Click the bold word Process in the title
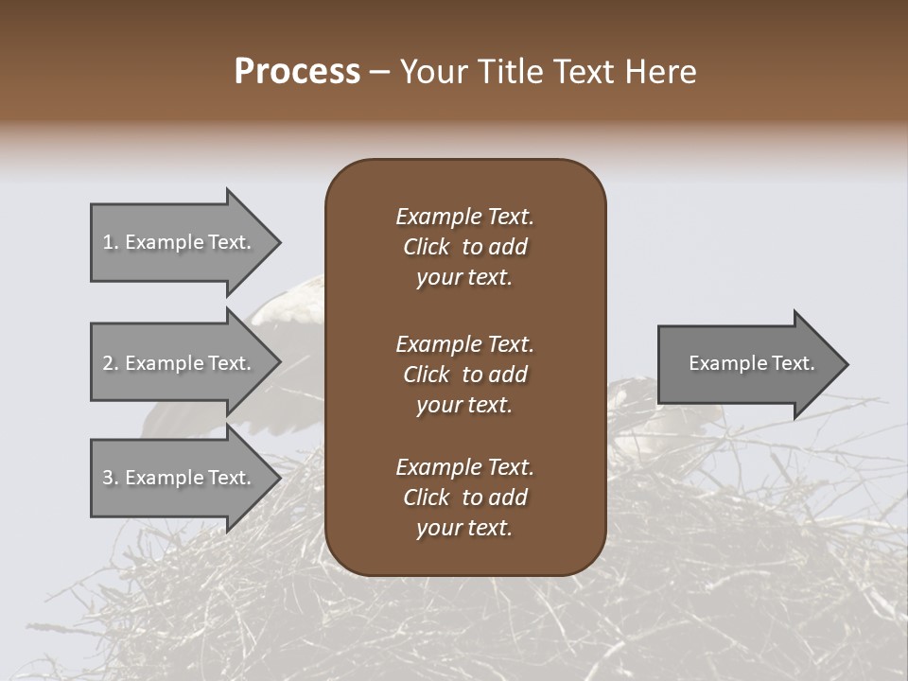[x=297, y=72]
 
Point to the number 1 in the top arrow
[x=108, y=242]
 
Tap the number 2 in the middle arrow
[x=108, y=363]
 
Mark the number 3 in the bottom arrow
[x=108, y=478]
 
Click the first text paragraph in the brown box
[x=464, y=247]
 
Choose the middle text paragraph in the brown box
[x=464, y=375]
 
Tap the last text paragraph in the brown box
[x=464, y=498]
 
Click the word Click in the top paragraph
[x=426, y=247]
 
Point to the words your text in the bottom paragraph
[x=464, y=529]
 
